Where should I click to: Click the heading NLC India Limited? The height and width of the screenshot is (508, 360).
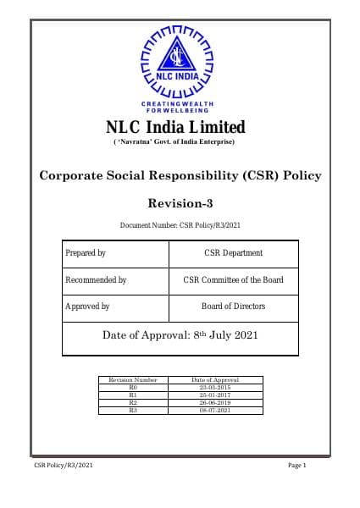click(175, 127)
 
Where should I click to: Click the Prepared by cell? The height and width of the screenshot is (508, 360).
click(86, 253)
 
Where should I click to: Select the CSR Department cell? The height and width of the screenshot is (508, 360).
click(234, 253)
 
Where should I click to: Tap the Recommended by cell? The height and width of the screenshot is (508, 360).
click(96, 280)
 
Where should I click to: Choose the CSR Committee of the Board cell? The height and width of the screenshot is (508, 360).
click(234, 280)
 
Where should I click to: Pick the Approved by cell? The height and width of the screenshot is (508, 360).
click(87, 306)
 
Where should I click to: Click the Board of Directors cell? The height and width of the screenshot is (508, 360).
click(234, 306)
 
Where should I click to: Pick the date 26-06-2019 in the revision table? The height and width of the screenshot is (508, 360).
click(215, 403)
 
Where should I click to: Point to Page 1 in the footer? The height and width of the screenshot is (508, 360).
click(296, 467)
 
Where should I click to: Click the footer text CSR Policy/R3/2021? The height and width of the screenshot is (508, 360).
click(64, 467)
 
